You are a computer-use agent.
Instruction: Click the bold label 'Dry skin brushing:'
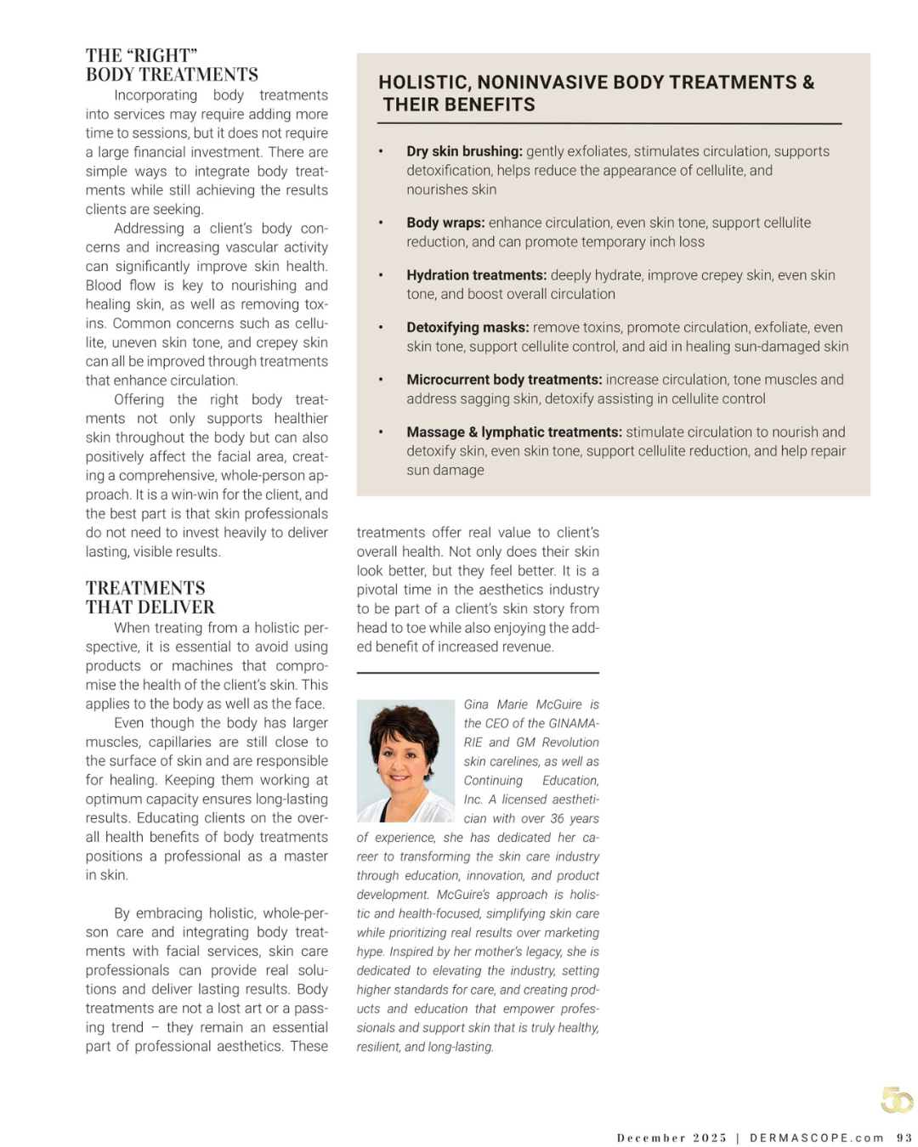[464, 151]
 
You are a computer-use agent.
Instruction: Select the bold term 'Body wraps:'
[445, 223]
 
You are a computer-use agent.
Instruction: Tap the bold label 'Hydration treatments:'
[476, 275]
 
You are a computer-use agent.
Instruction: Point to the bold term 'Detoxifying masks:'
[467, 327]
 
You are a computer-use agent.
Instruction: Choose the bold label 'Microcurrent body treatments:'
[504, 380]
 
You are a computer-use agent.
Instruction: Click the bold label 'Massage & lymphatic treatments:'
[514, 432]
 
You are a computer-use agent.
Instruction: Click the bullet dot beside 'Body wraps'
[381, 223]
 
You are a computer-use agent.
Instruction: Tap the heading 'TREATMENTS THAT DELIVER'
[150, 597]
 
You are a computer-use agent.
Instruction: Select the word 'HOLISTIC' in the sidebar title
[422, 82]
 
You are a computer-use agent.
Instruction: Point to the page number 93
[904, 1138]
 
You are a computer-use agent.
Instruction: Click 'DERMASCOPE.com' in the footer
[817, 1138]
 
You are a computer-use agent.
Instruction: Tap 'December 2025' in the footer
[671, 1138]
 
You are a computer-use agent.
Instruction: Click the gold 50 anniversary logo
[896, 1100]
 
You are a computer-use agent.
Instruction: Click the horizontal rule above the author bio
[478, 673]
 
